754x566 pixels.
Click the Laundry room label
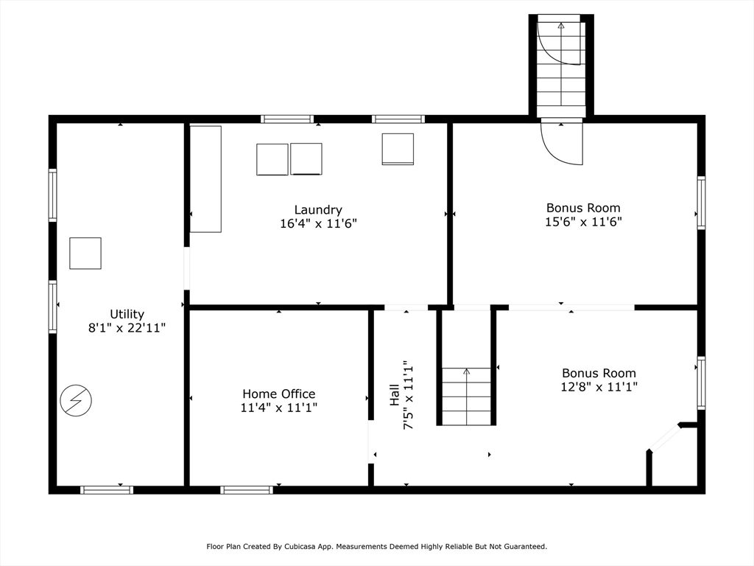(318, 210)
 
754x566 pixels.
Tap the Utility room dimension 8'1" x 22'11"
(127, 328)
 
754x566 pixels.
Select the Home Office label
(278, 394)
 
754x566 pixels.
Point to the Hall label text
(395, 395)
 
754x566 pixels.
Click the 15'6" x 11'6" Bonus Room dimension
(583, 222)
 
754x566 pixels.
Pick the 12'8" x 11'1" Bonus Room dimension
(599, 386)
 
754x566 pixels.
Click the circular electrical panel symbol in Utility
(76, 401)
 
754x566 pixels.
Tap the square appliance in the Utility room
(85, 253)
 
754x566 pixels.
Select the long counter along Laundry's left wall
(205, 179)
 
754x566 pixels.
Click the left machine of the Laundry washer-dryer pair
(272, 159)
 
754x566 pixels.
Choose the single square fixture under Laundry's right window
(398, 149)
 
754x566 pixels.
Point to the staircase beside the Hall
(466, 396)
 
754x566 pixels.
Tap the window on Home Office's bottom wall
(247, 489)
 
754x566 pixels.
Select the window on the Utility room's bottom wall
(107, 489)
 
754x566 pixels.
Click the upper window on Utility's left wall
(53, 195)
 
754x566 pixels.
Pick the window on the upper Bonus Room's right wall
(701, 203)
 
